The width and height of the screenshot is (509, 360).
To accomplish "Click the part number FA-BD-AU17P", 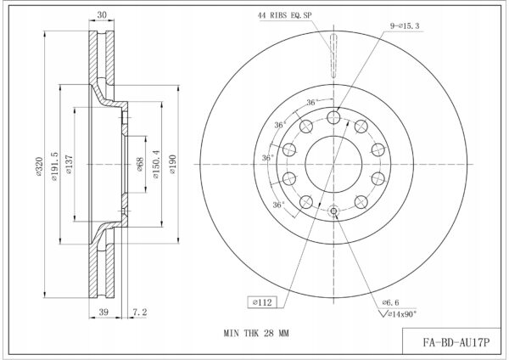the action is click(456, 342).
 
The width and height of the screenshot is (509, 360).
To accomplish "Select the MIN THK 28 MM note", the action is click(256, 334).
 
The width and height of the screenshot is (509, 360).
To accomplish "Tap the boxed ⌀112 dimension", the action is click(262, 302).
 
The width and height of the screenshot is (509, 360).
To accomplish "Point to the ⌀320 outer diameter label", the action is click(39, 166).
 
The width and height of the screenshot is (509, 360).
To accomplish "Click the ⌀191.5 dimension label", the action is click(54, 166).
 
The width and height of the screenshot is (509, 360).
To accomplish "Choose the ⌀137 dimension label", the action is click(70, 164).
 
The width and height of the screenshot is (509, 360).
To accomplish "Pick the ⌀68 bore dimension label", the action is click(140, 165).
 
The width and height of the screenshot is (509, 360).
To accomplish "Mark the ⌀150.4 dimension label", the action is click(156, 164).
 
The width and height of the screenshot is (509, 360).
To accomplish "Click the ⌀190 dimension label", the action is click(172, 164).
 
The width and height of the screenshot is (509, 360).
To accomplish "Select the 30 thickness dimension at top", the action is click(102, 15).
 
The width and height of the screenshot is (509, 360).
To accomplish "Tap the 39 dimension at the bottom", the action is click(103, 312).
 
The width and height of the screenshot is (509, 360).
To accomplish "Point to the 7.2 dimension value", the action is click(140, 312).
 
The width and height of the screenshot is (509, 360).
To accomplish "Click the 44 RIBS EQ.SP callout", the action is click(285, 15).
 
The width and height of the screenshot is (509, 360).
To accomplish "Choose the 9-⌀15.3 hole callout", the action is click(405, 25).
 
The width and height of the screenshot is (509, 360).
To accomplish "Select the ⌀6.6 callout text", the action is click(390, 302).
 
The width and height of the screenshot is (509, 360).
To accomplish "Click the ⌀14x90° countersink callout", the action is click(398, 314).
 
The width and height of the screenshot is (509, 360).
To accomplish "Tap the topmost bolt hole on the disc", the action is click(333, 117).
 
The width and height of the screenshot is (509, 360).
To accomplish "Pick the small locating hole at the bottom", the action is click(333, 211).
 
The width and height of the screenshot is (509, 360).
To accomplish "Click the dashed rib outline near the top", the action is click(333, 55).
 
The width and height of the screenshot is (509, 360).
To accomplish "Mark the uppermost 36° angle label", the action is click(311, 103).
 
